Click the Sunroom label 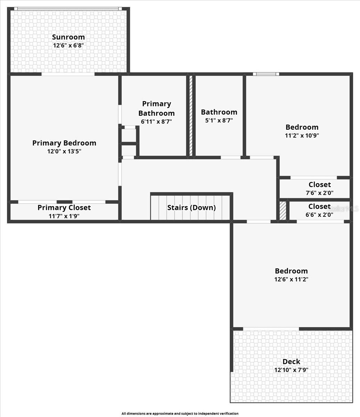(68, 37)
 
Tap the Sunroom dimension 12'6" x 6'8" (68, 45)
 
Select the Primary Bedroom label (64, 143)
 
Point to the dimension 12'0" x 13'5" (64, 151)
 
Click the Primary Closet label (64, 207)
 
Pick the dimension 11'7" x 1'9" (64, 216)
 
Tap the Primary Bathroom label (156, 108)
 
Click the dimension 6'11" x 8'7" (156, 121)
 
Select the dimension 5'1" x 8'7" (219, 120)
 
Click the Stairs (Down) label (191, 207)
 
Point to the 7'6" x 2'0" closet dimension (319, 193)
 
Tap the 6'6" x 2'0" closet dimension (319, 215)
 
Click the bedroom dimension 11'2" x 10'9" (302, 136)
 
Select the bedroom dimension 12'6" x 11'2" (291, 279)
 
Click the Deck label (291, 362)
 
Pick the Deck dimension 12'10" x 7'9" (291, 370)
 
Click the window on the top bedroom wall (266, 74)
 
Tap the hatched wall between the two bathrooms (191, 115)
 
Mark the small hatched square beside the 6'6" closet (283, 211)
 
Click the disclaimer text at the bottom (180, 414)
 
